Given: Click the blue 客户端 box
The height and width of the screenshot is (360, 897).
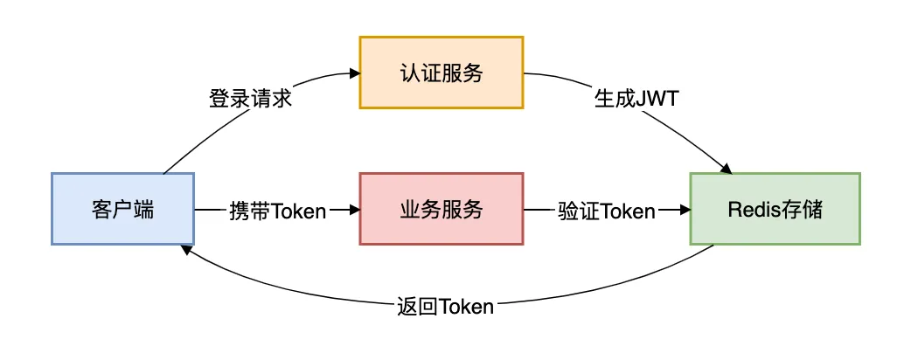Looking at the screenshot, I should point(122,209).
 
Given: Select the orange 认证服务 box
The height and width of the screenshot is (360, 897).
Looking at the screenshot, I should point(442,73).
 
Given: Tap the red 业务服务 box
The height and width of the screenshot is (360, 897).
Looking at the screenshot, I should point(442,209).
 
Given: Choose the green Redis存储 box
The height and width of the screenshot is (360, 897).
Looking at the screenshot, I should point(775,209).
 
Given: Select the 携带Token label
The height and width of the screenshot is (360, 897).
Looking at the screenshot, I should point(277,210).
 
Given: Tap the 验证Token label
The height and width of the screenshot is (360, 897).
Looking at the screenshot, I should point(606,210).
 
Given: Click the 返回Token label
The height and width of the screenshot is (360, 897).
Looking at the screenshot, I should point(445,307).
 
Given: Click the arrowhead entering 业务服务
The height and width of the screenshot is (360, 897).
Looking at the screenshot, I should point(354,210).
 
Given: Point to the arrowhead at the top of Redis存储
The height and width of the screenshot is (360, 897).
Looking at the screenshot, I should point(725,168).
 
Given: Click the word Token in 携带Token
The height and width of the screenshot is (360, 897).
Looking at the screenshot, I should point(299,210).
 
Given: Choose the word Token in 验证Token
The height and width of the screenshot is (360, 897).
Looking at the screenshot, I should point(628,210).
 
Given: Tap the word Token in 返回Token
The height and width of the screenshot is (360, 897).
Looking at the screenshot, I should point(467,307).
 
